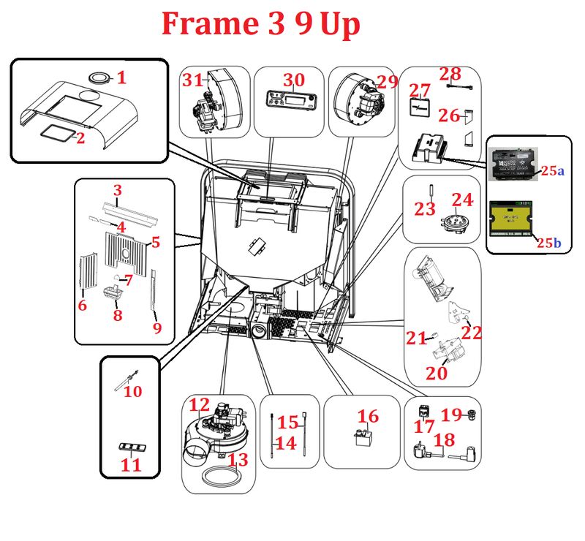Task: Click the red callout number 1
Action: point(122,77)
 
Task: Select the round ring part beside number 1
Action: point(99,76)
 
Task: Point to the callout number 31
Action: point(192,82)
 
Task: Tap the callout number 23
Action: point(424,209)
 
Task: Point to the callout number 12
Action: point(200,405)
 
